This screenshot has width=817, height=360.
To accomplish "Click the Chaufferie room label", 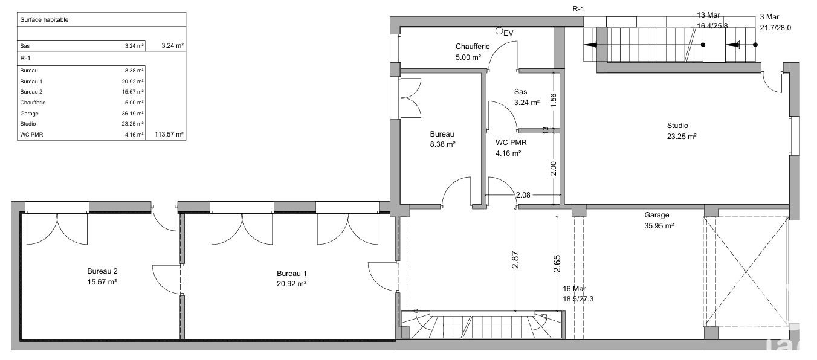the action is click(x=473, y=52).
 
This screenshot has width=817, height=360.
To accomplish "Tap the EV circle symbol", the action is click(x=499, y=31).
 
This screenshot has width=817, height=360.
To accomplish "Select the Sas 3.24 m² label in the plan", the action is click(x=527, y=97).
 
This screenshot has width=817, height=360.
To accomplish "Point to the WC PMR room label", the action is click(x=511, y=148).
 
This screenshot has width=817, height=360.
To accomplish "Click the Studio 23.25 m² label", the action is click(x=681, y=131).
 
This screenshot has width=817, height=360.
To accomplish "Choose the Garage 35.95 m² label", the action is click(x=659, y=220).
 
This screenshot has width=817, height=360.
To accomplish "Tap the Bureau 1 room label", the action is click(x=291, y=278).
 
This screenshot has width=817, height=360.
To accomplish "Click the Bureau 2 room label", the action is click(x=102, y=277).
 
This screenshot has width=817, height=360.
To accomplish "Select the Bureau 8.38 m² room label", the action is click(x=442, y=139).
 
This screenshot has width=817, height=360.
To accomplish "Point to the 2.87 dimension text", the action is click(x=515, y=260).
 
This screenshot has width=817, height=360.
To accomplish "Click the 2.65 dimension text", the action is click(x=557, y=263).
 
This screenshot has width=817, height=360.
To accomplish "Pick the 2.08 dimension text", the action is click(x=523, y=195).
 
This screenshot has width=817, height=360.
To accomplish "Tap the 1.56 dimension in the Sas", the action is click(x=554, y=100).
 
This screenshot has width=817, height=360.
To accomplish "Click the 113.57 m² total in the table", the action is click(x=169, y=134).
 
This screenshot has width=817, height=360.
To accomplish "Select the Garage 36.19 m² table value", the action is click(x=132, y=114).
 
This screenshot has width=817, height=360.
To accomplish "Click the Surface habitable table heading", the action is click(x=44, y=20).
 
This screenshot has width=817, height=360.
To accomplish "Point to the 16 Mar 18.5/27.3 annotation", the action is click(x=578, y=294).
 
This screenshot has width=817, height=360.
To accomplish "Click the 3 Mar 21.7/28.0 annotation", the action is click(x=775, y=22).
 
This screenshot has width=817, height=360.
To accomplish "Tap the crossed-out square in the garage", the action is click(x=746, y=271).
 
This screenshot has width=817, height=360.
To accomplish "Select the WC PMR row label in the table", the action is click(x=31, y=135).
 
